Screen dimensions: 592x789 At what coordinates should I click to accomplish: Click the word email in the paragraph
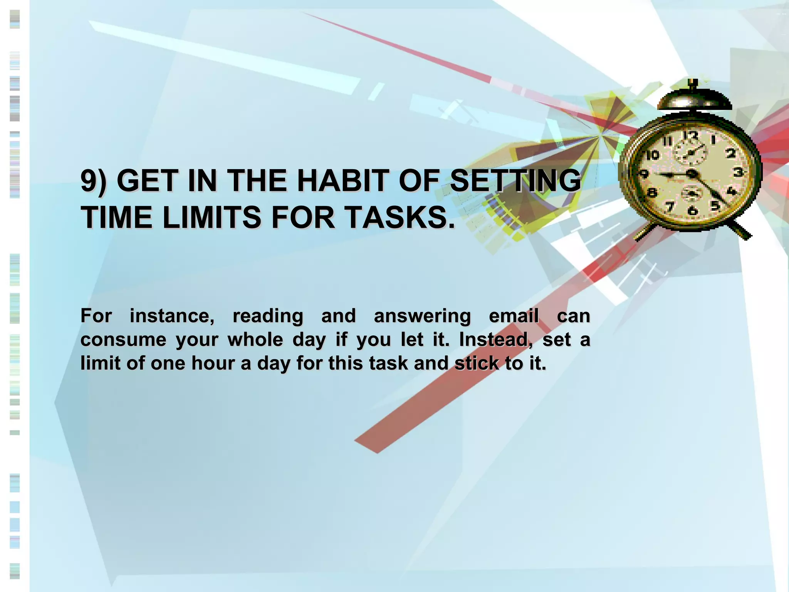[514, 316]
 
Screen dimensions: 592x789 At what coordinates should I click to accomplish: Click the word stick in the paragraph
[477, 363]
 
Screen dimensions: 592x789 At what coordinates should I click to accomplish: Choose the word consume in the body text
[123, 340]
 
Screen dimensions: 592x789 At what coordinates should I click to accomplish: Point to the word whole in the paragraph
[255, 340]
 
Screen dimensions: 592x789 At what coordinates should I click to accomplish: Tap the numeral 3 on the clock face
[738, 172]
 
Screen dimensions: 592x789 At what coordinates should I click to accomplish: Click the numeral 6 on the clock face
[692, 210]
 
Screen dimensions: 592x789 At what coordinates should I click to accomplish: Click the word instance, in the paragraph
[172, 316]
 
